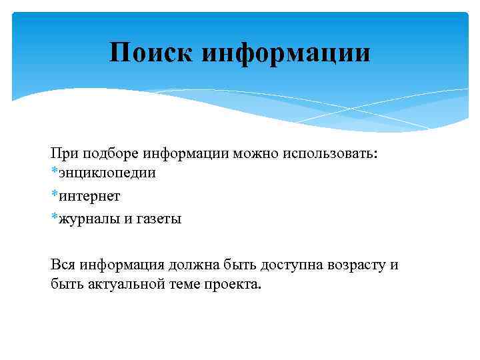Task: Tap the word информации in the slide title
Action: click(x=286, y=52)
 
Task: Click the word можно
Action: click(x=254, y=153)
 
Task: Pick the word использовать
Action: click(x=329, y=153)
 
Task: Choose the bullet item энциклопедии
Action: click(x=107, y=173)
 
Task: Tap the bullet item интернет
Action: click(x=89, y=196)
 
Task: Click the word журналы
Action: click(x=89, y=219)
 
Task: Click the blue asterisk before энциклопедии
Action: click(x=54, y=171)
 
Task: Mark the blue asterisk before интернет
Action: click(x=54, y=195)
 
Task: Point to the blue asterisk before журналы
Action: click(x=54, y=217)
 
